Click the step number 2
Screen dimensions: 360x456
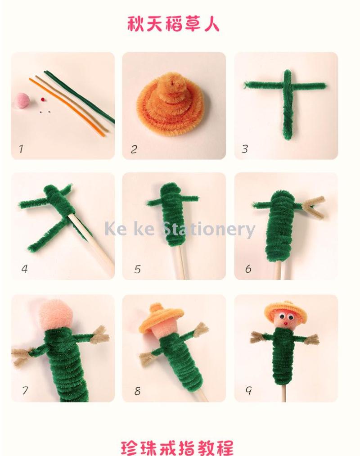(134, 149)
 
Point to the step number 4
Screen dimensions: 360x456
(24, 269)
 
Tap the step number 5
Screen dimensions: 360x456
(137, 269)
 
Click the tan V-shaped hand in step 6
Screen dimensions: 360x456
(315, 207)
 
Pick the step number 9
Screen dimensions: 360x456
(248, 390)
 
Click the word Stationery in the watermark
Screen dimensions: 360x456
(208, 230)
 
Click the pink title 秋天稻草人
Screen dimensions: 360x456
(173, 24)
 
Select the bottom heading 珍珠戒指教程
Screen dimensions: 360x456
(177, 448)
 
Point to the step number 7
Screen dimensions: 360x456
(25, 391)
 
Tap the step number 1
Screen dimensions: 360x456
(21, 149)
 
